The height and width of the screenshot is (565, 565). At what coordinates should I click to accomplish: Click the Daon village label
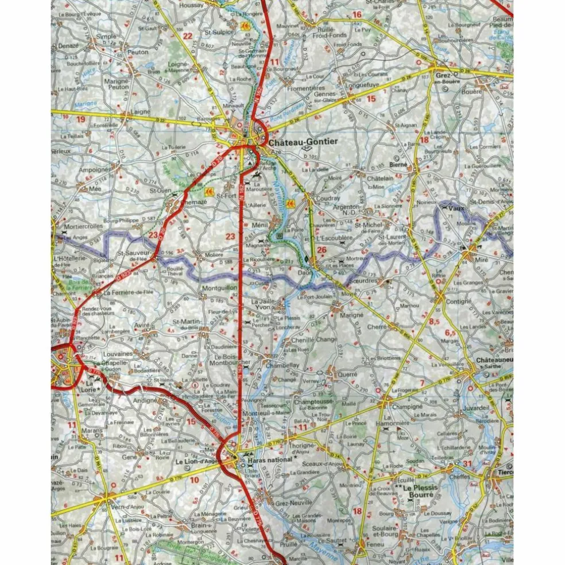304,273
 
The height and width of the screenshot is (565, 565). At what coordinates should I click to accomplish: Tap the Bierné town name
397,164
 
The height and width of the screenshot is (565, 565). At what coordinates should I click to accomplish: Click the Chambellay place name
282,365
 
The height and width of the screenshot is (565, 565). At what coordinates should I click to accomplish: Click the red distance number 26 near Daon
321,249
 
